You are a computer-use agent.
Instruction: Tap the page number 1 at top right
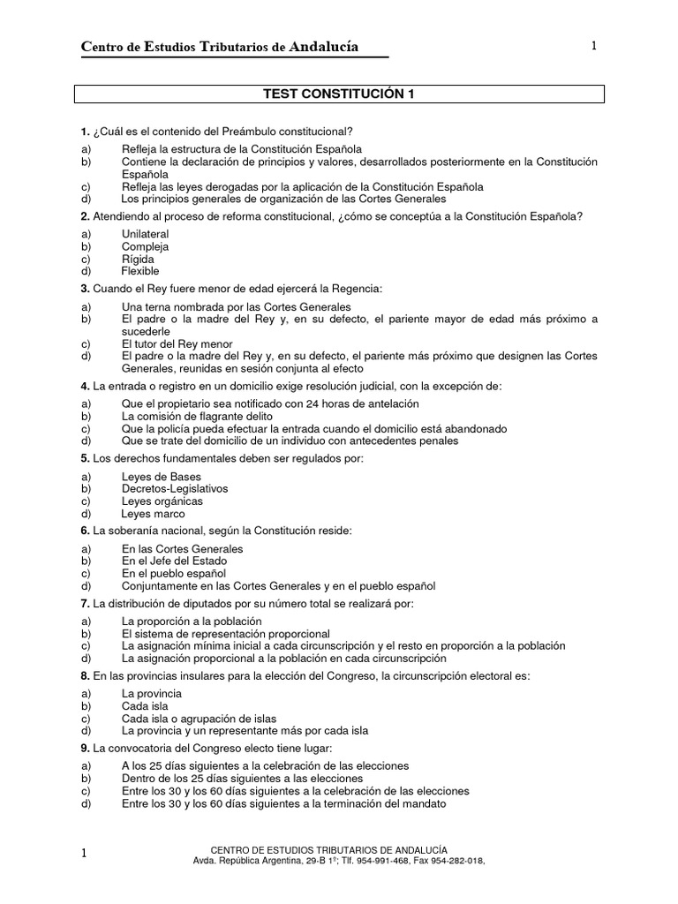(594, 46)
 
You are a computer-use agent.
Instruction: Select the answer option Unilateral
(145, 234)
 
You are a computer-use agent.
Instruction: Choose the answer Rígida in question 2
(138, 260)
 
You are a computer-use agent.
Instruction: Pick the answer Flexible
(140, 272)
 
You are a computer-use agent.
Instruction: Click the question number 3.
(84, 289)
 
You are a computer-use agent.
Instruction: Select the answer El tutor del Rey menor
(177, 343)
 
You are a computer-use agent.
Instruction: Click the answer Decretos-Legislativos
(175, 488)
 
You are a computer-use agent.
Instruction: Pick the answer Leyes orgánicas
(162, 501)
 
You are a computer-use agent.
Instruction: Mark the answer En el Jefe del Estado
(174, 561)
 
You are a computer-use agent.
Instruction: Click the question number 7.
(84, 603)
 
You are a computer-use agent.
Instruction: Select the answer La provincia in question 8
(150, 694)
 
